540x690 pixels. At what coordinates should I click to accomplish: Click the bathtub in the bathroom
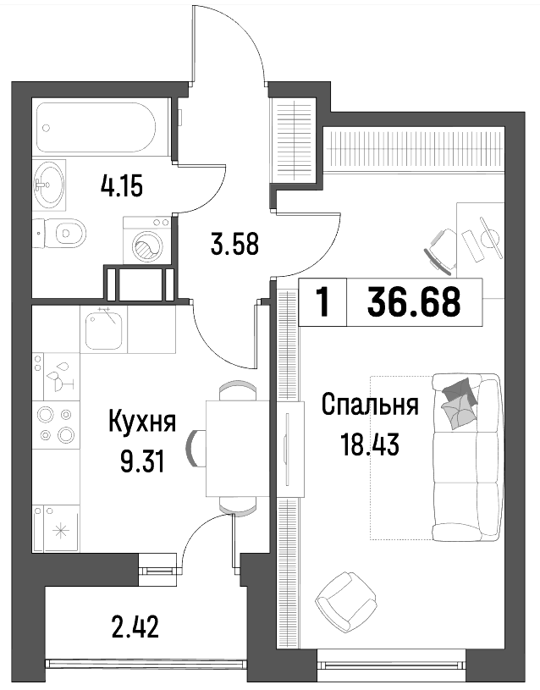[x=96, y=127]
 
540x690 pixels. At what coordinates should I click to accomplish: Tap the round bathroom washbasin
[x=49, y=185]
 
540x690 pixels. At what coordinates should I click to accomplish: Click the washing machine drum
[x=147, y=248]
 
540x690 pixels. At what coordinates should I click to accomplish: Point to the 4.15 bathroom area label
[x=122, y=186]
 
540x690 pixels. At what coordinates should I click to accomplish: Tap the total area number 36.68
[x=414, y=302]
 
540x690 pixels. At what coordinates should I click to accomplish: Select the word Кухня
[x=141, y=422]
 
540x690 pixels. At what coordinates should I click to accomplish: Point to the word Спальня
[x=370, y=405]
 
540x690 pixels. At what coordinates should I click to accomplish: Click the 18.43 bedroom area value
[x=370, y=444]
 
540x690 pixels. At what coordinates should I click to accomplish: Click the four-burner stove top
[x=56, y=425]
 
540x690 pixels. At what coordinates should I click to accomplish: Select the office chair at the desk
[x=441, y=249]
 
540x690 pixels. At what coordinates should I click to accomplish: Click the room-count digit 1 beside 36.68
[x=323, y=302]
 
